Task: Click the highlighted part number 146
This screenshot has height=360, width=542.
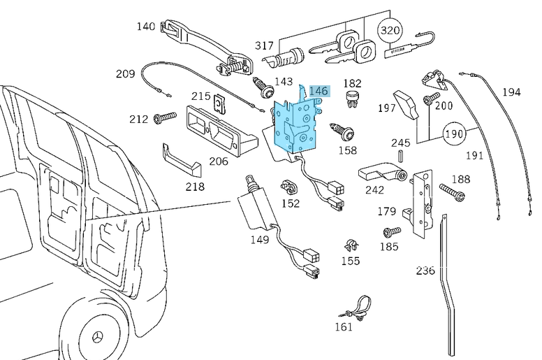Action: (318, 91)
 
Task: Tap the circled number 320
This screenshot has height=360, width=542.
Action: (391, 30)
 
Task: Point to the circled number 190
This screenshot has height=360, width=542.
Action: (455, 133)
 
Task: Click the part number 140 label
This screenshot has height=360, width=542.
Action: (146, 27)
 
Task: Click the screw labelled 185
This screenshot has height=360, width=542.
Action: (392, 231)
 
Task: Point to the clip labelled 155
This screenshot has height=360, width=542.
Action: (351, 245)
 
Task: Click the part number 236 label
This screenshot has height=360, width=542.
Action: (425, 271)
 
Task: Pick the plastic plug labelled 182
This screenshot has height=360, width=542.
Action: (353, 99)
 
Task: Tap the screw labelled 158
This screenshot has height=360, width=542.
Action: (345, 131)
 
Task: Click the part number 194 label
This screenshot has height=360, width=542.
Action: (511, 92)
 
